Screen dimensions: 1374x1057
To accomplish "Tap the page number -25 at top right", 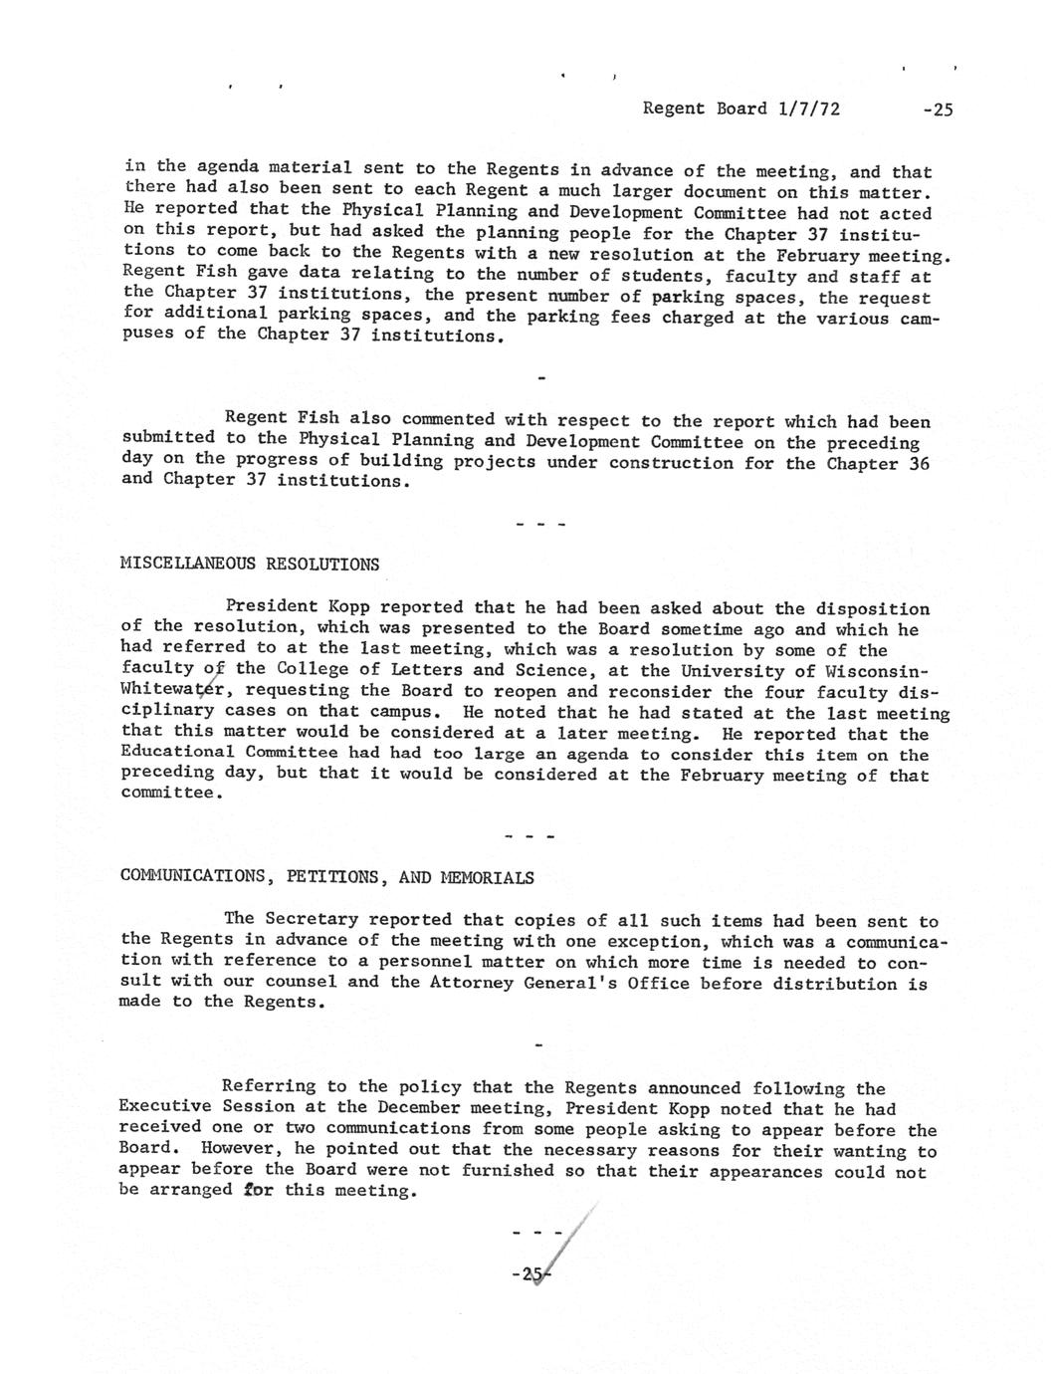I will click(937, 110).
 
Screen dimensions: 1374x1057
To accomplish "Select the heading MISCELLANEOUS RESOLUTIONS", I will click(249, 564).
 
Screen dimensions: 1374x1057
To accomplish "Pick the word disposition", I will click(872, 608).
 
